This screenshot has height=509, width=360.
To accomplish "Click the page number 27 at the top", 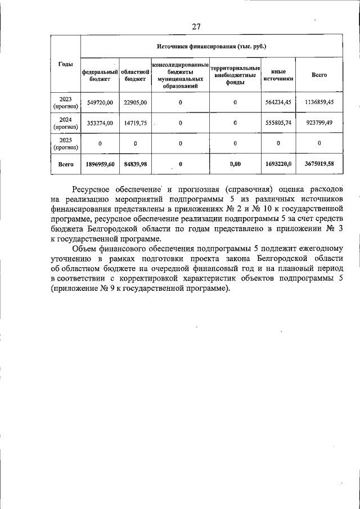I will [x=196, y=26].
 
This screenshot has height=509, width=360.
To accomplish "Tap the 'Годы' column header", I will [x=66, y=65].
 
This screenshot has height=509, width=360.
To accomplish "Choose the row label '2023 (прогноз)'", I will [x=66, y=102].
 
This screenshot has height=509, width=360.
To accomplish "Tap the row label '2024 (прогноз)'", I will [x=66, y=123].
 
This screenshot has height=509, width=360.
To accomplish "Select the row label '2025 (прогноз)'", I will [x=66, y=143].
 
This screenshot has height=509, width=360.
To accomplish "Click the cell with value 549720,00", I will [x=101, y=102].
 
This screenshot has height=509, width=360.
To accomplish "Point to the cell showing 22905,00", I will [x=136, y=102].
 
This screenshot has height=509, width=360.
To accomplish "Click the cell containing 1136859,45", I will [x=319, y=102].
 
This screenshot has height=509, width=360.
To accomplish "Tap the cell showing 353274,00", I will [x=101, y=123].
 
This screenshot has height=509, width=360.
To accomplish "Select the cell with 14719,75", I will [x=136, y=123].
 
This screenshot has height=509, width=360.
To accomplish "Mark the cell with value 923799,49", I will [x=319, y=123].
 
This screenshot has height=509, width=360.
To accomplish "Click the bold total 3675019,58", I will [x=319, y=164].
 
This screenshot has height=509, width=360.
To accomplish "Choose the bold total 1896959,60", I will [x=101, y=164].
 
